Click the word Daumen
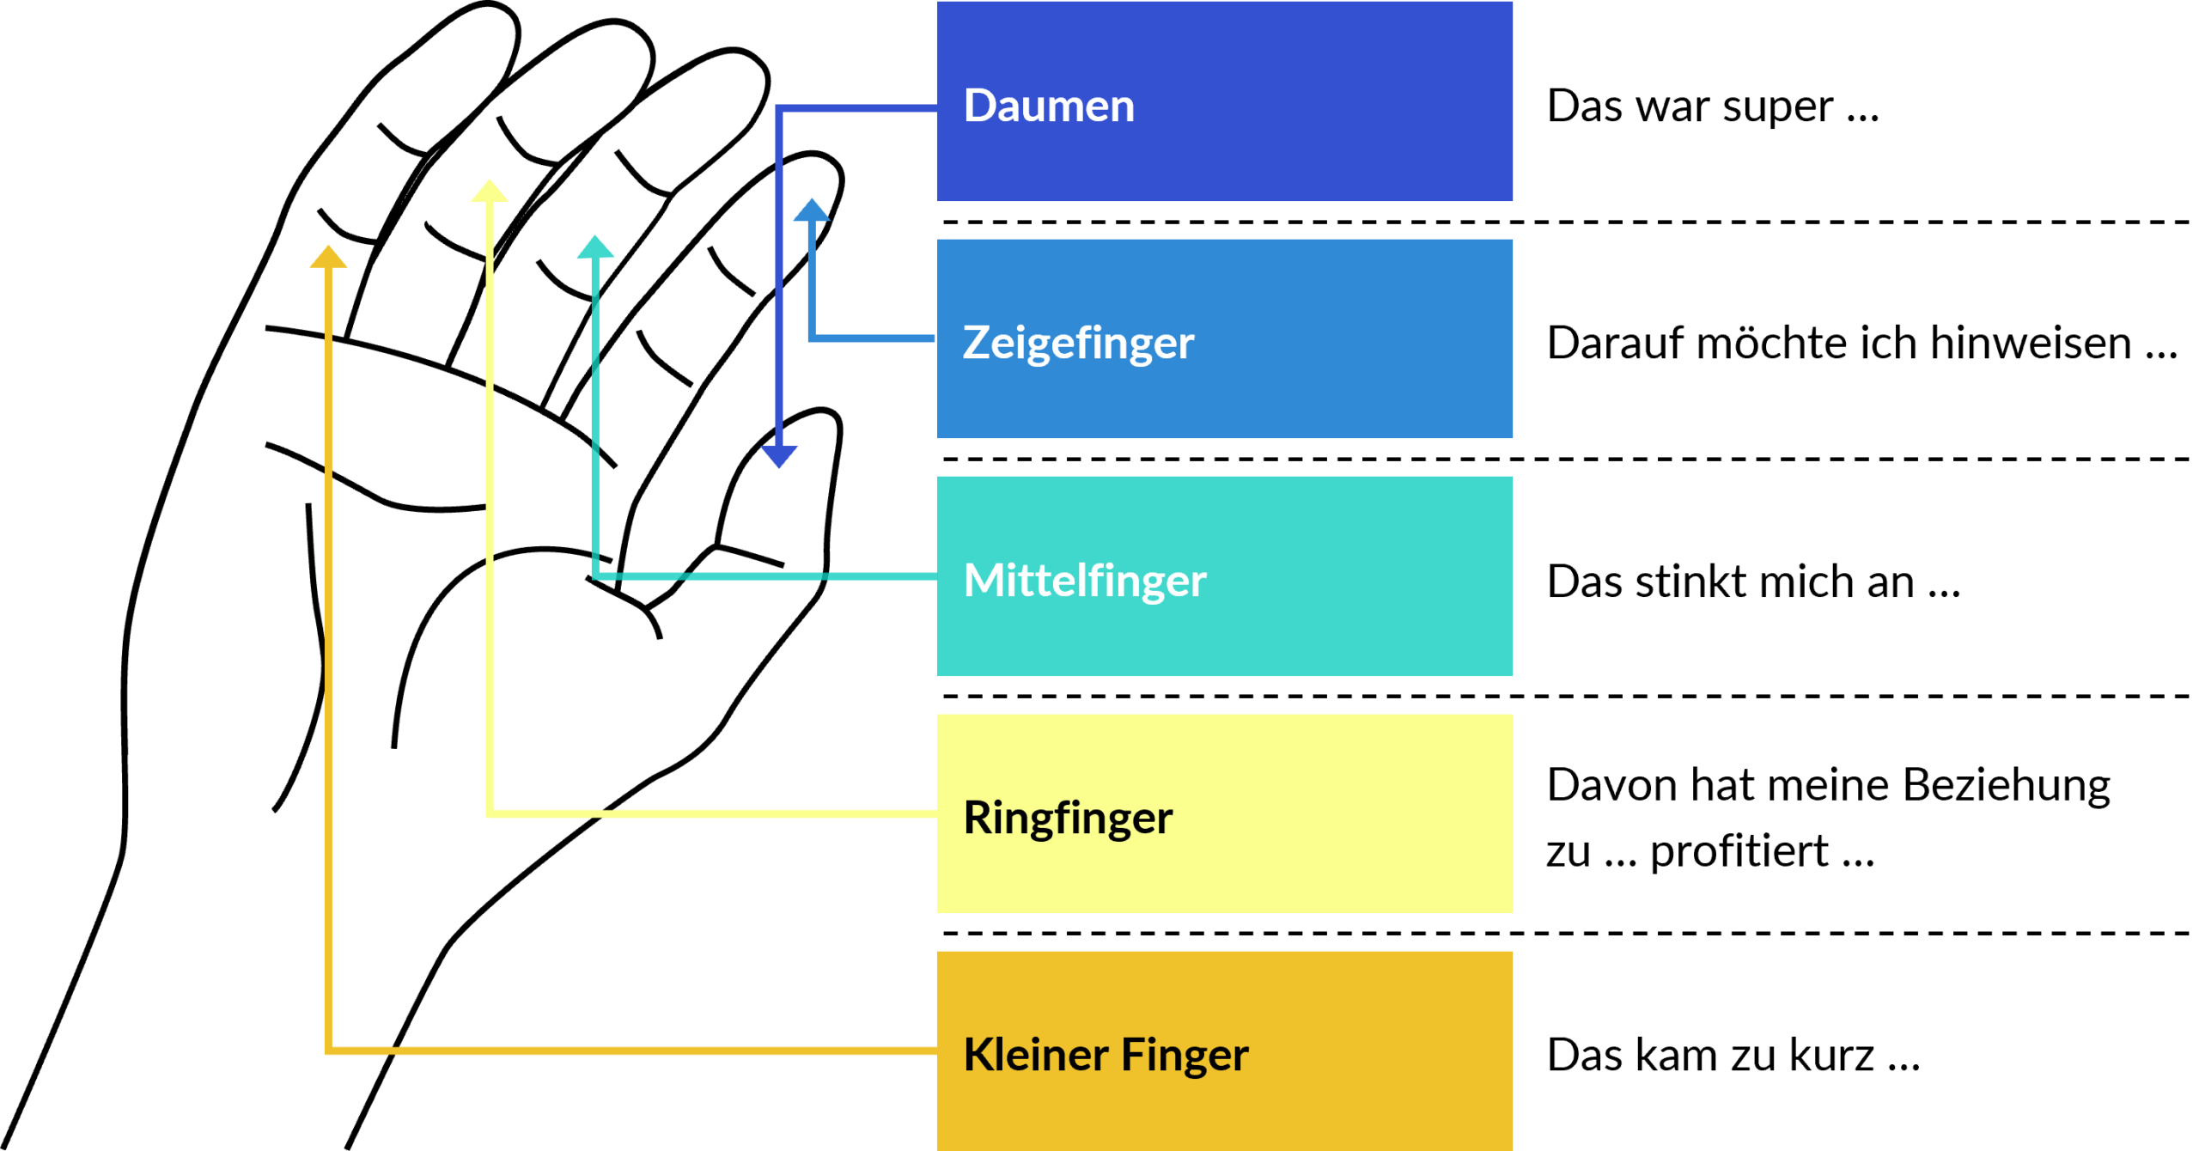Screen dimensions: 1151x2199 [1049, 107]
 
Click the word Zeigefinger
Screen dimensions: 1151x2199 [1078, 344]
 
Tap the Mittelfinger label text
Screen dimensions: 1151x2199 [1085, 581]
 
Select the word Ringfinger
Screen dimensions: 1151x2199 [1068, 818]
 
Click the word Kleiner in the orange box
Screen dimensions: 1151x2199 [1035, 1055]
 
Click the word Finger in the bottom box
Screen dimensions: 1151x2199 [1185, 1055]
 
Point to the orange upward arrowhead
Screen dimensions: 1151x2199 [328, 257]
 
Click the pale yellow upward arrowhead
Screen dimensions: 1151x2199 [490, 191]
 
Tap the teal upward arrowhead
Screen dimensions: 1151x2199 [595, 247]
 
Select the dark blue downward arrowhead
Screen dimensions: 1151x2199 [779, 455]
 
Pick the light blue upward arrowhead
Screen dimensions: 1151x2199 [811, 210]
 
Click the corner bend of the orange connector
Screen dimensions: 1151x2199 [328, 1051]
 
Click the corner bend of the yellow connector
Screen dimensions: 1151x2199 [490, 813]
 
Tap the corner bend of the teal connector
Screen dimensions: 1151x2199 [595, 576]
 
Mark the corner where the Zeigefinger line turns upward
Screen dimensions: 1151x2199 [812, 338]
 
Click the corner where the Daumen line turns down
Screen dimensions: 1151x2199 [779, 108]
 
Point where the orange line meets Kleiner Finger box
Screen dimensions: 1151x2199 [935, 1051]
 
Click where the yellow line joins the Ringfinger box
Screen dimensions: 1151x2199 [935, 813]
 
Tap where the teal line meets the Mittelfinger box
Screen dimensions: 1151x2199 [935, 576]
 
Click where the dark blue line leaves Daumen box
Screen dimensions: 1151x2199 [935, 108]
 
